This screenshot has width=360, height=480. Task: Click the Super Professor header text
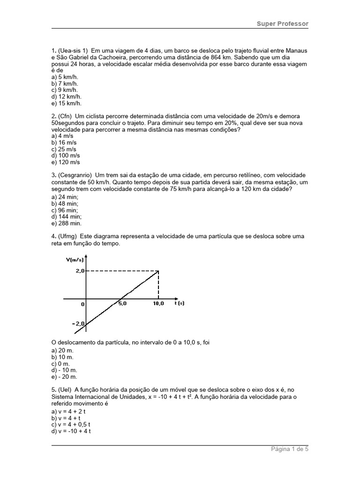[283, 23]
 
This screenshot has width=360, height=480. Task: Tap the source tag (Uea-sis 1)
[73, 51]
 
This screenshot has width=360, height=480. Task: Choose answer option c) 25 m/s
[64, 149]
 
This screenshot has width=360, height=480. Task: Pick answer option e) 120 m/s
[66, 162]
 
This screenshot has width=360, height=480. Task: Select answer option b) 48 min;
[65, 204]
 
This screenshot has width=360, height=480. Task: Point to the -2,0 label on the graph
[77, 324]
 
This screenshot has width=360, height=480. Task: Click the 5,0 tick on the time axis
[121, 303]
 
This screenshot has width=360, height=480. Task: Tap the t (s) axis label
[180, 303]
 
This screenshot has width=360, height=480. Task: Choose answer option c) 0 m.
[60, 364]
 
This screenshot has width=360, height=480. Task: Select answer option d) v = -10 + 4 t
[71, 431]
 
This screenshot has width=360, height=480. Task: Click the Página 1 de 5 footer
[290, 449]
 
